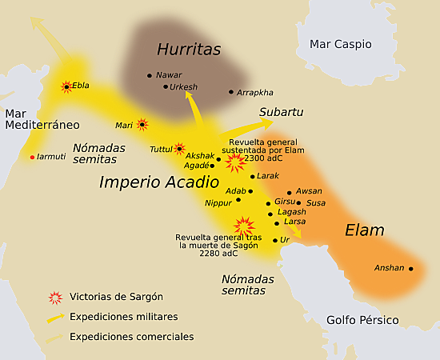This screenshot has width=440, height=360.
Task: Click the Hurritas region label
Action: [x=188, y=50]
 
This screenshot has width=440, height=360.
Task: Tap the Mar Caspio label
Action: [x=345, y=44]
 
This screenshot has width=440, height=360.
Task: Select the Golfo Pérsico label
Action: [x=362, y=320]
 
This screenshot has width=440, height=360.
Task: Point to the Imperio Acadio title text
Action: [x=158, y=182]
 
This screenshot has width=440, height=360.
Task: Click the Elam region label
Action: [x=364, y=230]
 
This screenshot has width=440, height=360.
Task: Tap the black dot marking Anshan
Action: [x=411, y=269]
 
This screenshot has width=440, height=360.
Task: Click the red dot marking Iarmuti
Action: [x=32, y=157]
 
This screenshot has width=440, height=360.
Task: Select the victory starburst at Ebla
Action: [x=66, y=86]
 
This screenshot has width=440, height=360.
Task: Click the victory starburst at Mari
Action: [x=142, y=125]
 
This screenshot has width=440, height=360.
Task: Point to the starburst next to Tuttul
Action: [x=179, y=149]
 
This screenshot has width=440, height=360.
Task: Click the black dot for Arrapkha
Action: [x=231, y=92]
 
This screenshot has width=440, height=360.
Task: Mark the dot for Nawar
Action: [x=150, y=75]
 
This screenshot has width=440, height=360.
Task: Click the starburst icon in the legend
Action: [x=55, y=298]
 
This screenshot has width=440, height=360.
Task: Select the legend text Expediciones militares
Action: [x=124, y=317]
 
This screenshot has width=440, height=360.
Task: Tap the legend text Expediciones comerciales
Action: [x=131, y=337]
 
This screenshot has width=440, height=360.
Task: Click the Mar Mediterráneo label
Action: [x=42, y=119]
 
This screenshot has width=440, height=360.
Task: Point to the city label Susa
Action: [x=316, y=203]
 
